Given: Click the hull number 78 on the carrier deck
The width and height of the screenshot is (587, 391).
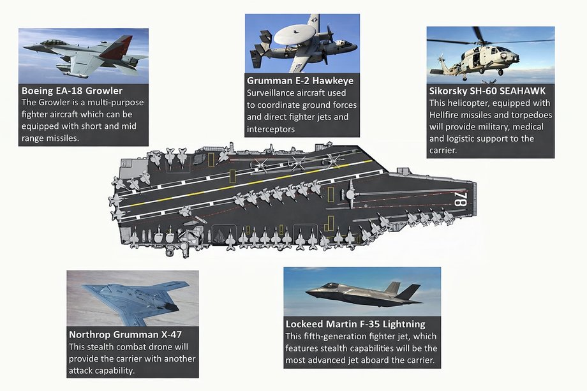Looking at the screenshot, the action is pos(460,198).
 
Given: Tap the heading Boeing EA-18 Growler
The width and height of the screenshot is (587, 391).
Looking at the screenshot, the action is pos(72,91).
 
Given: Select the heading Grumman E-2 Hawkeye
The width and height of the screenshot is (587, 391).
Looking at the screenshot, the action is pos(300,80).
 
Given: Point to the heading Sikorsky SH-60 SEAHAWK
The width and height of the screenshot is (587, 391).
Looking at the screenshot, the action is pos(487,91).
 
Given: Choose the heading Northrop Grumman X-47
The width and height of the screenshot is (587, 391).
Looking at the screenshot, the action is pos(125,334).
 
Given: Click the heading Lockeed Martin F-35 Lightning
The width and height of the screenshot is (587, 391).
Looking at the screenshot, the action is pos(355,324).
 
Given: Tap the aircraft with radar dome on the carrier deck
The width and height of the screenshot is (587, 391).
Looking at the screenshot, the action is pos(350,194).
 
